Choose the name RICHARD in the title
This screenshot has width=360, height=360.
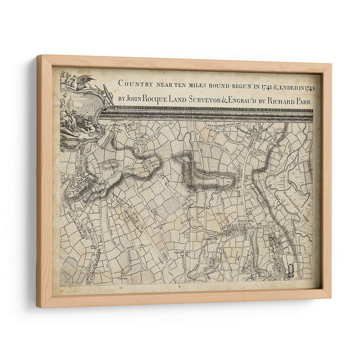click(279, 102)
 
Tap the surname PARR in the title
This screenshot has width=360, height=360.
click(303, 102)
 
